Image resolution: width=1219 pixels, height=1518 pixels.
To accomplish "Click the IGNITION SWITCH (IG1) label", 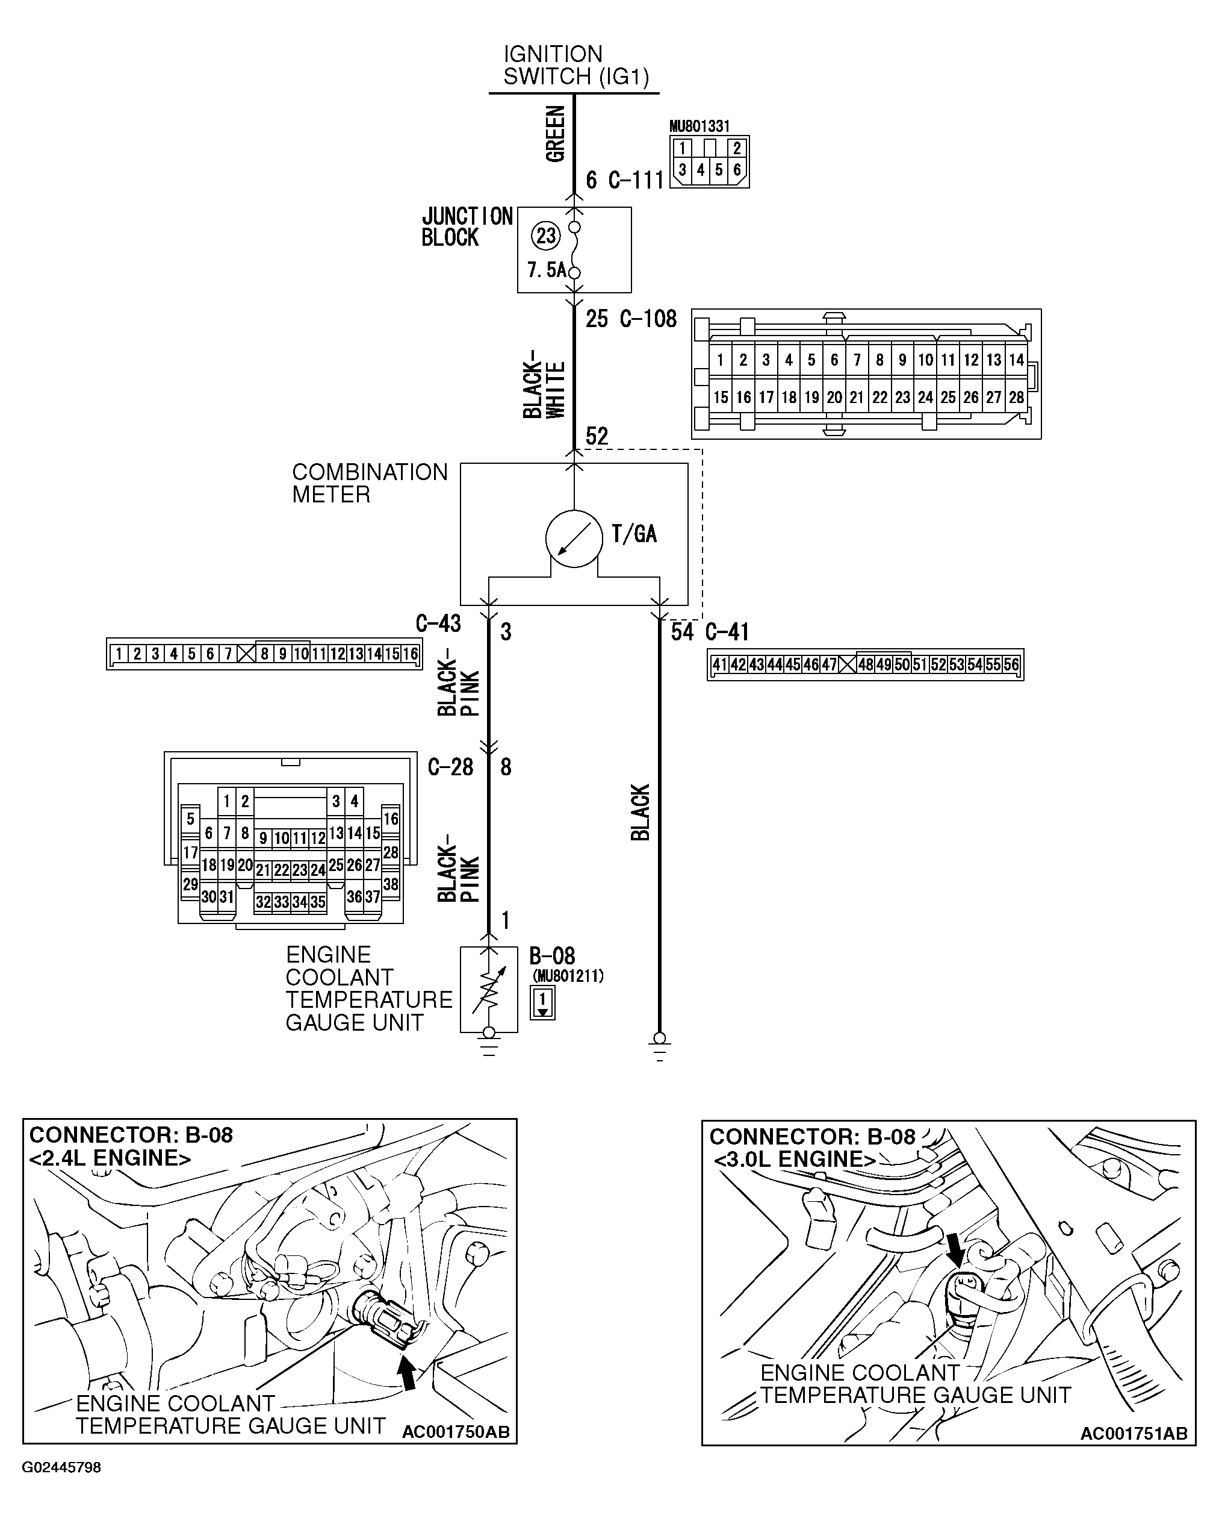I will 575,66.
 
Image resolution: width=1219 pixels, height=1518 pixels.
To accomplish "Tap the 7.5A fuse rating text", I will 546,270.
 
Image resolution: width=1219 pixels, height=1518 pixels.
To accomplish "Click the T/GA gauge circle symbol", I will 574,539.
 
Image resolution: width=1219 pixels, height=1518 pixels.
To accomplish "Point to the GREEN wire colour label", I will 555,134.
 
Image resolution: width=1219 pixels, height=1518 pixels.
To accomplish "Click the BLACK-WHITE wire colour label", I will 544,384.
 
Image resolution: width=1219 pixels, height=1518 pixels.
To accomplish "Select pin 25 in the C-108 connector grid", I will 948,397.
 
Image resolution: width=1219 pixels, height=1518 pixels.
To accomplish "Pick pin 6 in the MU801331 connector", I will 736,170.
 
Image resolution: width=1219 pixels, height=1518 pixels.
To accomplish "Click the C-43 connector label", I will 438,623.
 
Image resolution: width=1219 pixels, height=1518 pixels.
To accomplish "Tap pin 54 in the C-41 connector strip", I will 975,664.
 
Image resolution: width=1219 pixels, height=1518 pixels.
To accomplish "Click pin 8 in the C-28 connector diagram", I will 245,833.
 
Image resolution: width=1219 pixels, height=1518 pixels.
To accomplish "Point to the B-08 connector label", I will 552,956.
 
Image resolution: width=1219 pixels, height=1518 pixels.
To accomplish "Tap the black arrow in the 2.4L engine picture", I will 408,1373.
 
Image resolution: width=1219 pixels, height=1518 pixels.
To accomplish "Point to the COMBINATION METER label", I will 369,483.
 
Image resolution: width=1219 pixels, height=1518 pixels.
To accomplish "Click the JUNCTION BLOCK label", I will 467,226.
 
